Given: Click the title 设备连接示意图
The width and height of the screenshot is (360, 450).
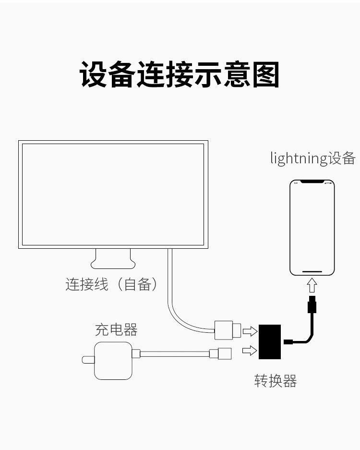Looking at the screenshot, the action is click(x=180, y=74).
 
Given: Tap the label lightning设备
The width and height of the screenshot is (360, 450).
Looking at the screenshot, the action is click(x=313, y=158).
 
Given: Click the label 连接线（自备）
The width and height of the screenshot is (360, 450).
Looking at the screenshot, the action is click(x=111, y=284).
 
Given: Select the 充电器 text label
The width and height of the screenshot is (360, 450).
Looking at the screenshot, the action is click(x=116, y=329).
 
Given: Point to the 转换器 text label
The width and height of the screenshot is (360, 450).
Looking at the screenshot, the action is click(x=276, y=381).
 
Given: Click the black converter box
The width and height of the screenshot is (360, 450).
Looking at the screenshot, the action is click(x=270, y=342).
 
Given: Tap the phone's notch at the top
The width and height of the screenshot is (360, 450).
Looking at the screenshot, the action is click(x=312, y=182).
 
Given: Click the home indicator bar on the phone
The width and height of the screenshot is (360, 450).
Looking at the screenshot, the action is click(x=312, y=271).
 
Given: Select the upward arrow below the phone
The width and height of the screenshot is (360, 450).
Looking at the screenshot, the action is click(x=312, y=285).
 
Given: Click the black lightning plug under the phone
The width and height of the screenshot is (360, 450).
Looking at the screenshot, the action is click(x=312, y=304).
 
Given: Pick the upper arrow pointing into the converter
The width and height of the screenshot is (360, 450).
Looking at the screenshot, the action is click(x=250, y=331).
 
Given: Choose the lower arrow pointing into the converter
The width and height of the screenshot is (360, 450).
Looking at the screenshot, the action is click(x=250, y=350).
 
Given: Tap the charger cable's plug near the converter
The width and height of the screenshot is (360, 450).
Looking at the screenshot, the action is click(x=220, y=353).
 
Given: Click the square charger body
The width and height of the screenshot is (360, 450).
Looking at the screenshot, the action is click(x=113, y=361).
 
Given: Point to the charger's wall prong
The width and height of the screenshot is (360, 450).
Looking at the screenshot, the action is click(x=88, y=360).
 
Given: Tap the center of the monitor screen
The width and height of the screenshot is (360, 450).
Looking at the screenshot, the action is click(x=113, y=195).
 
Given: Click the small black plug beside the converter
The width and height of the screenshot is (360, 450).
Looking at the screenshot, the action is click(x=288, y=342).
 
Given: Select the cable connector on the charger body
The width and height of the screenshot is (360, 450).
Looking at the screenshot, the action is click(x=136, y=353).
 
